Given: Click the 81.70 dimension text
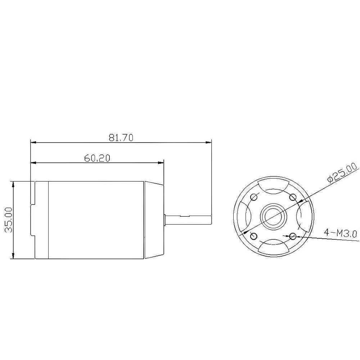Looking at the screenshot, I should (x=121, y=138).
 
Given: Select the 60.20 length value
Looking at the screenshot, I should (x=97, y=158).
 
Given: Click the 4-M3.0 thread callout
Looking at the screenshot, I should (x=340, y=233).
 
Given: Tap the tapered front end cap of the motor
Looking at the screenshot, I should (x=154, y=220).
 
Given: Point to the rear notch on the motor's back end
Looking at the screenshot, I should (x=33, y=220).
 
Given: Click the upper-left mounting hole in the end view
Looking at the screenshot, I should (x=254, y=197).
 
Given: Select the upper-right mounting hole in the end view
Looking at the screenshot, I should (x=293, y=197).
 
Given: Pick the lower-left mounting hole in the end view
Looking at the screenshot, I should (x=253, y=236).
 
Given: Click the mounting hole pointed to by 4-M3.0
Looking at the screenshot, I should (x=293, y=236).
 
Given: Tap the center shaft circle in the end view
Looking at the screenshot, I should (x=274, y=216).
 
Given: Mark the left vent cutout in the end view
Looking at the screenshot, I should (x=243, y=216).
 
